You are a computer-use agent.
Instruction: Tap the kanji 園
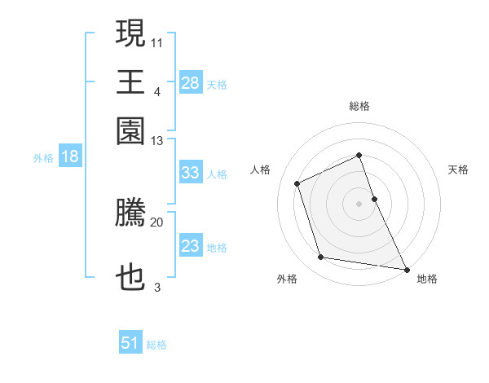pos(130,130)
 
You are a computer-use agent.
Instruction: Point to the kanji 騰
pos(130,214)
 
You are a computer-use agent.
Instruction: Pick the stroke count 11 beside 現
pos(157,42)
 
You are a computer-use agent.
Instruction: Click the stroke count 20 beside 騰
pos(157,222)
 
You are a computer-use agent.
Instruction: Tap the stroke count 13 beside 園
pos(157,141)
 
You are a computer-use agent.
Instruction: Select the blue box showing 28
pos(190,83)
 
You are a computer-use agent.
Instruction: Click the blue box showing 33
pos(190,173)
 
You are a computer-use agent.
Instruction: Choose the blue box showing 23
pos(190,246)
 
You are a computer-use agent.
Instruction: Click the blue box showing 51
pos(130,343)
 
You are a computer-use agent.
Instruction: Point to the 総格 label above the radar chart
pos(359,106)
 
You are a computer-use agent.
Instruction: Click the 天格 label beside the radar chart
pos(459,169)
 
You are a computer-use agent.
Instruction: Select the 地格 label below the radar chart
pos(427,279)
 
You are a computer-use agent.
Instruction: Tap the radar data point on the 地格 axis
pos(406,268)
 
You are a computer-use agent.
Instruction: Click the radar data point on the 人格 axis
pos(297,183)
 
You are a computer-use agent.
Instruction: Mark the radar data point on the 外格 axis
pos(321,258)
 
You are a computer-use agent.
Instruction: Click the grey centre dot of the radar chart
pos(359,204)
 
